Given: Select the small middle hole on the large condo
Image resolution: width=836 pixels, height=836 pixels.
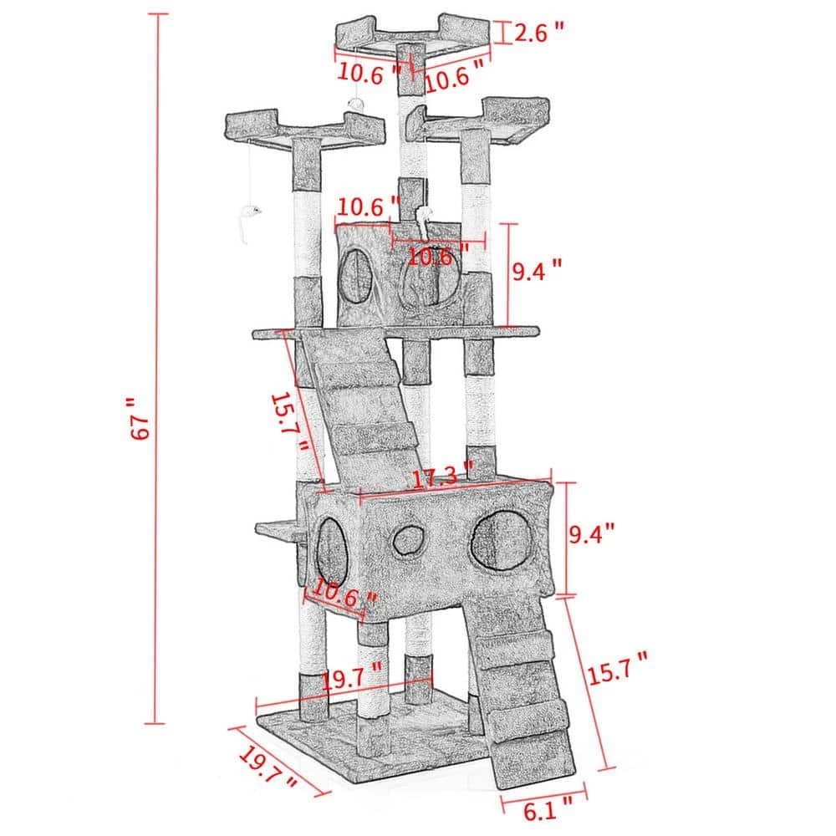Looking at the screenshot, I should click(x=408, y=539).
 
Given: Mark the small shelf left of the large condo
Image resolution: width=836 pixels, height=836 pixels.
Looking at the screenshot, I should click(x=278, y=528).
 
